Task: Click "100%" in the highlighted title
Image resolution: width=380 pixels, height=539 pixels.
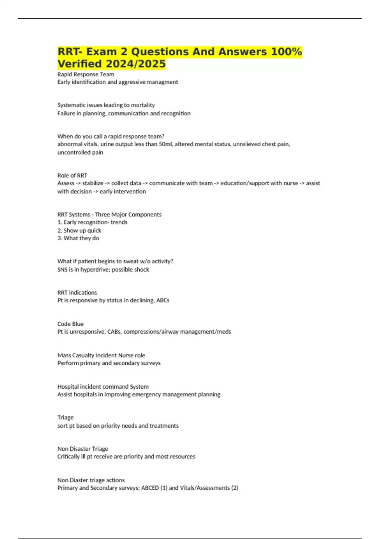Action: (x=286, y=52)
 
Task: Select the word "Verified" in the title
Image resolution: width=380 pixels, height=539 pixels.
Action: (x=79, y=64)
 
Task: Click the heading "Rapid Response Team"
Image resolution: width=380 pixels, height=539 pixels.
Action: (x=85, y=74)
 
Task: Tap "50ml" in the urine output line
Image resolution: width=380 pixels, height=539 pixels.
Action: (x=165, y=144)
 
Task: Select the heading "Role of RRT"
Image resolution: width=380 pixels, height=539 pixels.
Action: (x=72, y=175)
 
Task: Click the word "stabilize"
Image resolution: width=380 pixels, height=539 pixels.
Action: (x=92, y=183)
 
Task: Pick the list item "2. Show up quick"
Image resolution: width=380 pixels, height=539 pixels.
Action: (x=79, y=231)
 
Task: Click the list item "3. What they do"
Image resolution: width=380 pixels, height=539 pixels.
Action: (x=78, y=238)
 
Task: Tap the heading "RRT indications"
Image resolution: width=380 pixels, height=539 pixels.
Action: (x=77, y=292)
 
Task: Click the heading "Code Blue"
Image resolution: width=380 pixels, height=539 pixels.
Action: (x=70, y=324)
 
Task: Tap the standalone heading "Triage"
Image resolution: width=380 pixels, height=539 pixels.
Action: (x=65, y=417)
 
